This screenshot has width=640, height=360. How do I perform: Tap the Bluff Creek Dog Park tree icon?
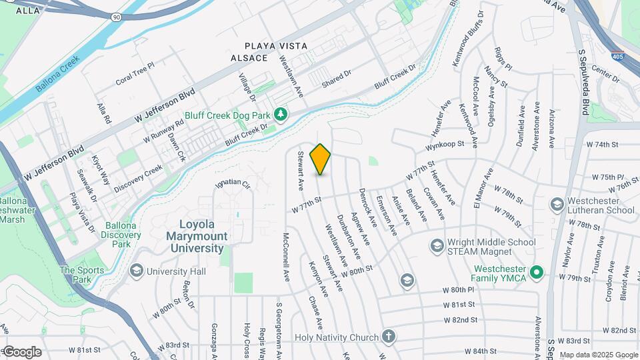point(281,115)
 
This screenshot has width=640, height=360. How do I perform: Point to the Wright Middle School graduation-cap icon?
point(436,247)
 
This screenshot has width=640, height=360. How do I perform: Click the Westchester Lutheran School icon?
point(557,203)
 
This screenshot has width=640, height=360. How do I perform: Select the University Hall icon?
point(137,271)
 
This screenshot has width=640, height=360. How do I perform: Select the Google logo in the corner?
point(22,351)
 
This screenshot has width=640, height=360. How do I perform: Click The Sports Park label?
point(82,275)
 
